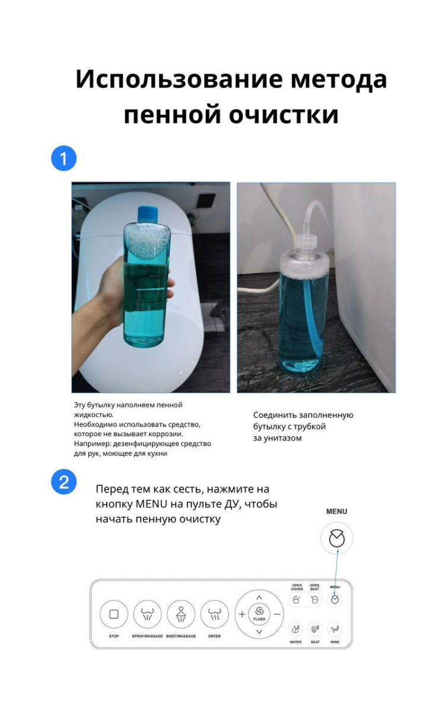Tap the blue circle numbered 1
pyautogui.click(x=64, y=159)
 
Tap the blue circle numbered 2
pyautogui.click(x=64, y=482)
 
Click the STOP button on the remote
pyautogui.click(x=114, y=614)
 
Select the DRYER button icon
pyautogui.click(x=215, y=614)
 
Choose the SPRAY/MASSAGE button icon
pyautogui.click(x=148, y=614)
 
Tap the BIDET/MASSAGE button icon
pyautogui.click(x=181, y=614)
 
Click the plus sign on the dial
pyautogui.click(x=242, y=614)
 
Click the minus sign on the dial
pyautogui.click(x=277, y=614)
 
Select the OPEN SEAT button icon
pyautogui.click(x=314, y=600)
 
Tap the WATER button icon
pyautogui.click(x=295, y=629)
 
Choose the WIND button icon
pyautogui.click(x=335, y=629)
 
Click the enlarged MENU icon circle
pyautogui.click(x=336, y=538)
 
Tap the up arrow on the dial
pyautogui.click(x=259, y=598)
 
